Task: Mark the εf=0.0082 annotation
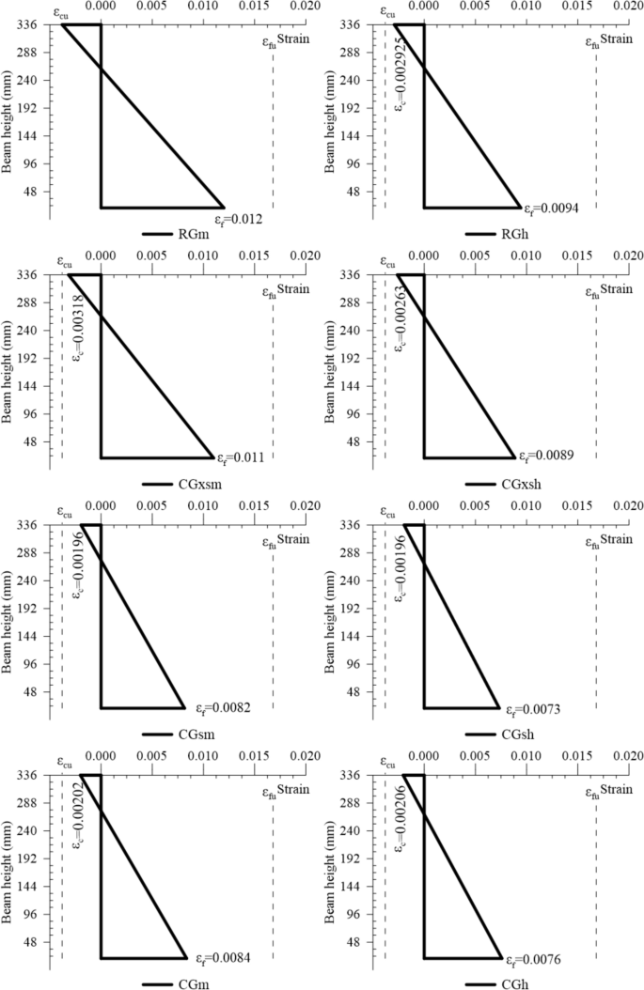223,709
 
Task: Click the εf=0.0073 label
538,709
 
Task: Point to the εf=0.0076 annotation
538,960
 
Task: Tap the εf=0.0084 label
223,960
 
